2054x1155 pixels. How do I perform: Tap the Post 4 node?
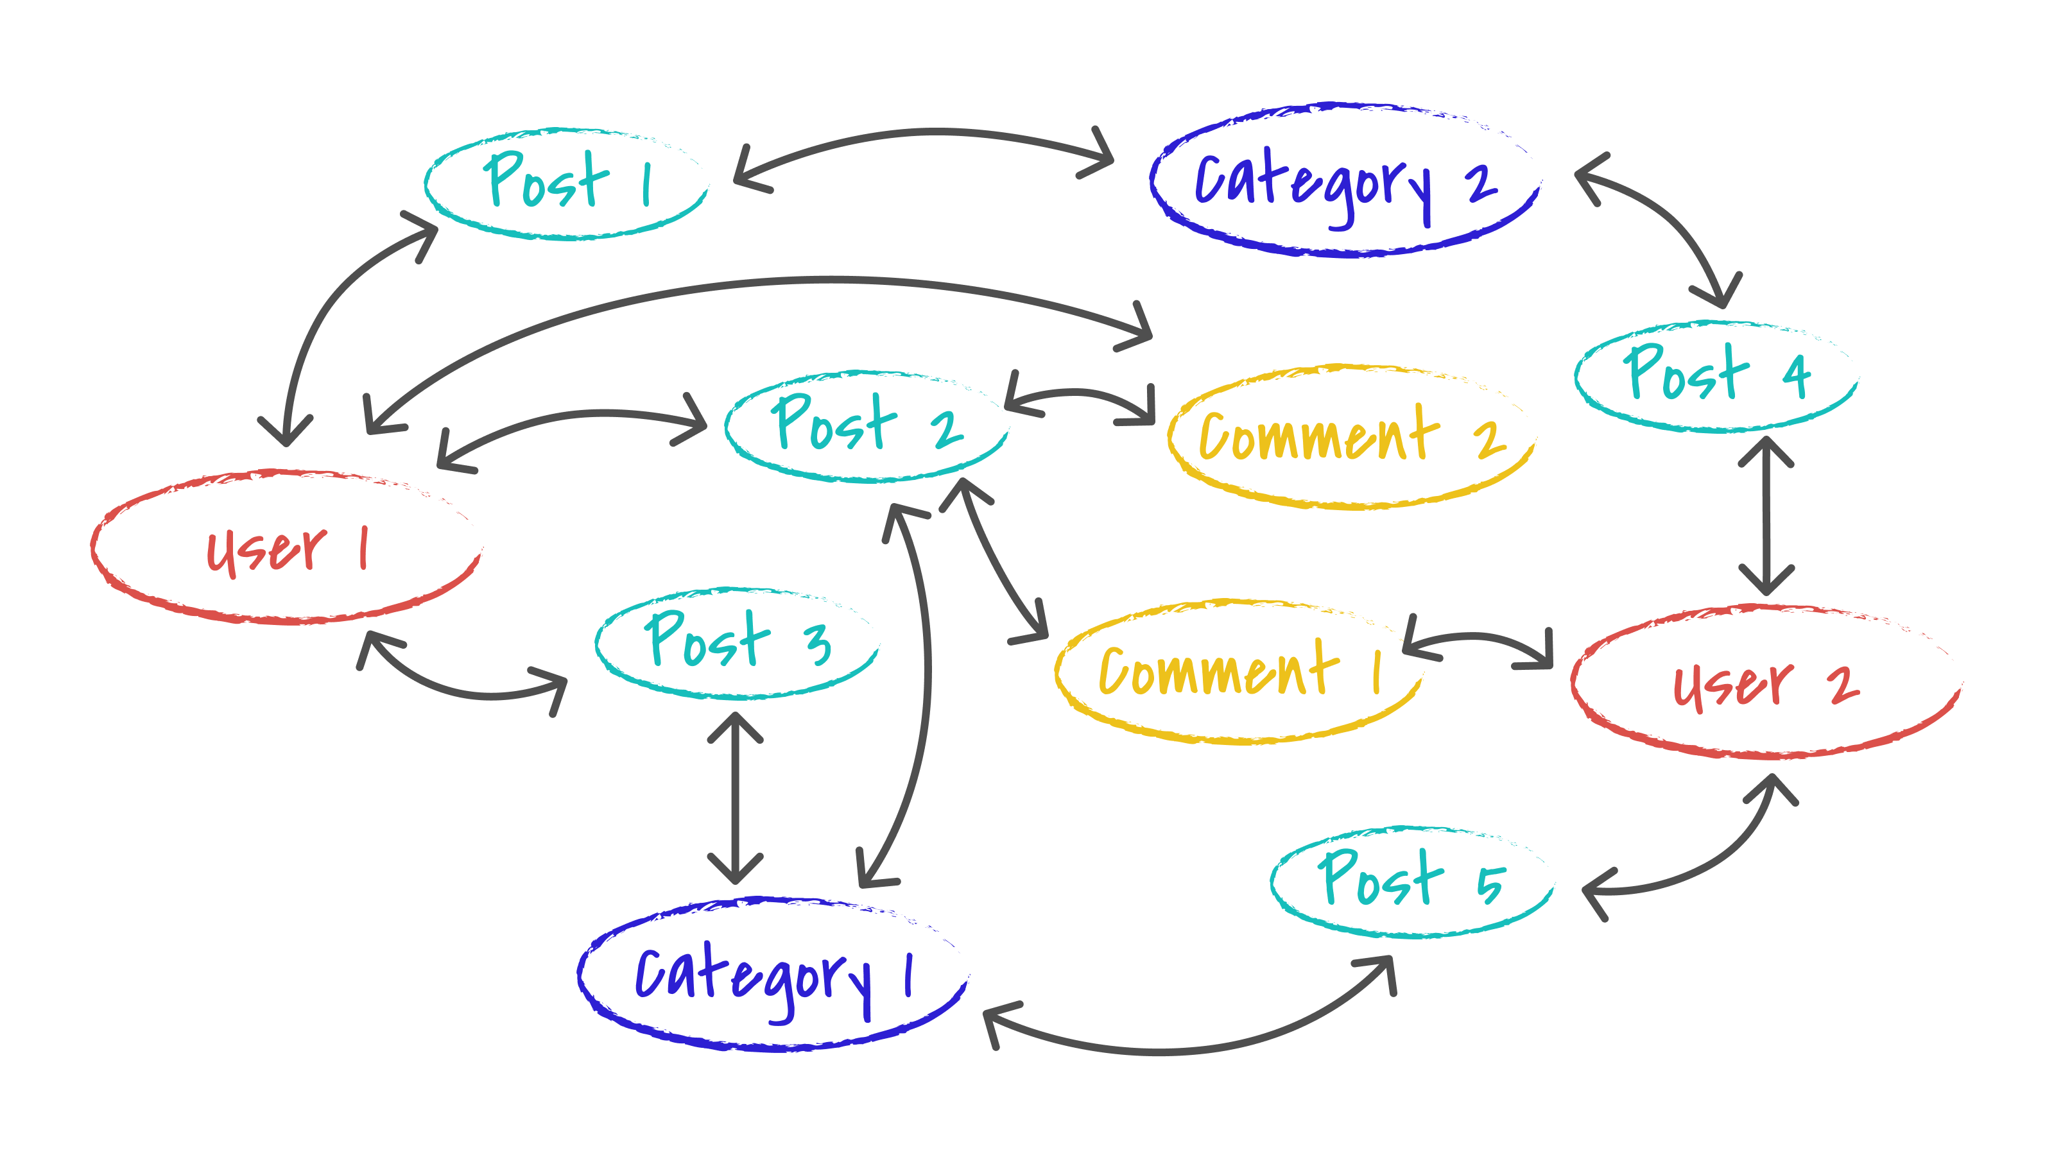click(x=1716, y=376)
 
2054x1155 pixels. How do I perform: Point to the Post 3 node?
click(x=737, y=642)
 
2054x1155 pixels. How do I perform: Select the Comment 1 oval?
click(x=1238, y=671)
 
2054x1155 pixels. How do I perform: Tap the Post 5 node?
click(x=1411, y=882)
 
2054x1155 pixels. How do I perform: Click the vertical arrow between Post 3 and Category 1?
click(x=735, y=797)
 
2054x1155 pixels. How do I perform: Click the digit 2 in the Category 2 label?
click(x=1481, y=184)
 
